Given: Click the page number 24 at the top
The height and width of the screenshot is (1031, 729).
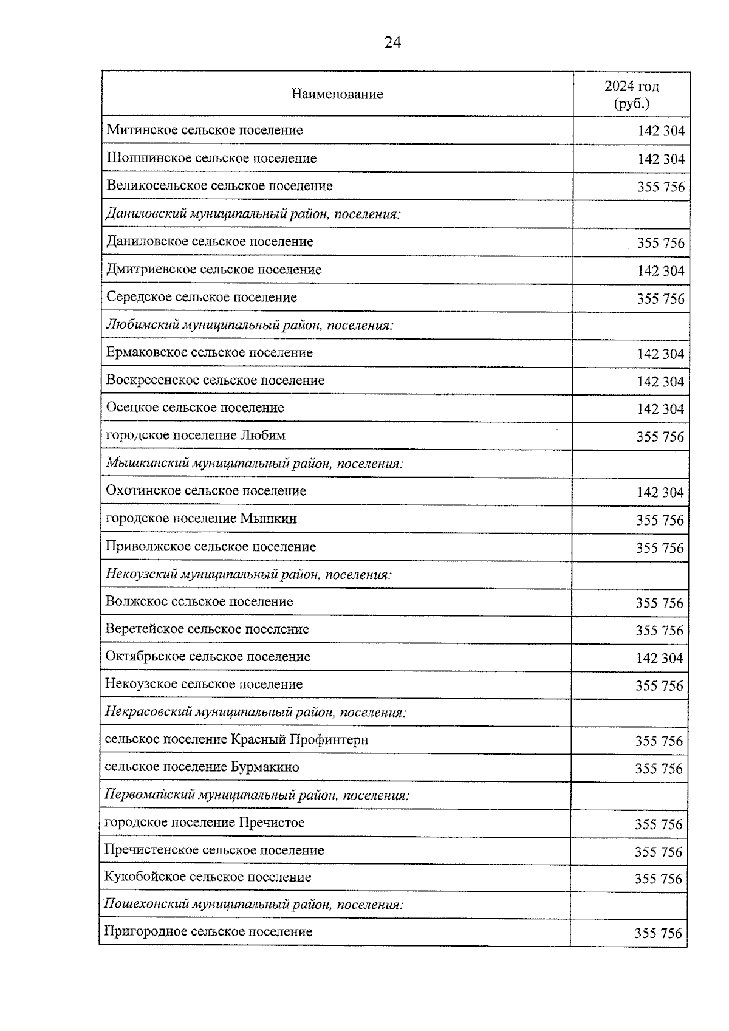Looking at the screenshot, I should point(392,43).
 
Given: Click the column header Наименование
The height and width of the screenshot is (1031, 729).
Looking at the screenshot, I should point(337,94).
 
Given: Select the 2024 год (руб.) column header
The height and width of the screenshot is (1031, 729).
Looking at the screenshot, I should point(631,94).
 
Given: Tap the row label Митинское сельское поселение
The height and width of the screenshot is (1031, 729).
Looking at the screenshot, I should point(205,130).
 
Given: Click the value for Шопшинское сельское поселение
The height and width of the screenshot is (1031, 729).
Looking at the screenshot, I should point(660,159).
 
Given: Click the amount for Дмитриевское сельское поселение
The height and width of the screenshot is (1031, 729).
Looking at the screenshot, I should point(660,271).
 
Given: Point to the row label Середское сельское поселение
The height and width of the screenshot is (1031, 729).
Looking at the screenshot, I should point(202,297).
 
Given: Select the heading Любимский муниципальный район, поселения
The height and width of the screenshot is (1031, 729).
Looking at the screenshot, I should point(250,325).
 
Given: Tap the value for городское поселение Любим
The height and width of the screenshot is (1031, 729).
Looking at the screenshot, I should point(660,437).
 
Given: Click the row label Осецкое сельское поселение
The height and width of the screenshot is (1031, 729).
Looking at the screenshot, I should point(195,408).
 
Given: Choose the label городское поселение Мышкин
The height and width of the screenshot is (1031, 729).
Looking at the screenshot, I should point(201,519).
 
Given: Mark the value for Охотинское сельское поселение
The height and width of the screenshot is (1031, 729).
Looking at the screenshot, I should point(660,492).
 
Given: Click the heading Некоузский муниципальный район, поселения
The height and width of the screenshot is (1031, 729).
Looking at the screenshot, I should point(248,574).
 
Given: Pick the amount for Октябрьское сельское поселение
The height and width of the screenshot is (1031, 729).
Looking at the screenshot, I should point(659,658).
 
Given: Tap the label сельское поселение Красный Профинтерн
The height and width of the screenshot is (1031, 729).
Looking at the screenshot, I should point(236,739).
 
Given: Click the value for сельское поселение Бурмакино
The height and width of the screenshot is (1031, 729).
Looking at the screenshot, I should point(659,769).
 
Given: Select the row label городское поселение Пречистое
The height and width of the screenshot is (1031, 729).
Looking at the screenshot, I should point(204,823).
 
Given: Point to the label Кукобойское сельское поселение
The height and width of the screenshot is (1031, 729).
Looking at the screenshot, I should point(208,877).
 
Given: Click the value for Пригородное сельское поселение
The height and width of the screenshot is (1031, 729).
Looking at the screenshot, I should point(658,933).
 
